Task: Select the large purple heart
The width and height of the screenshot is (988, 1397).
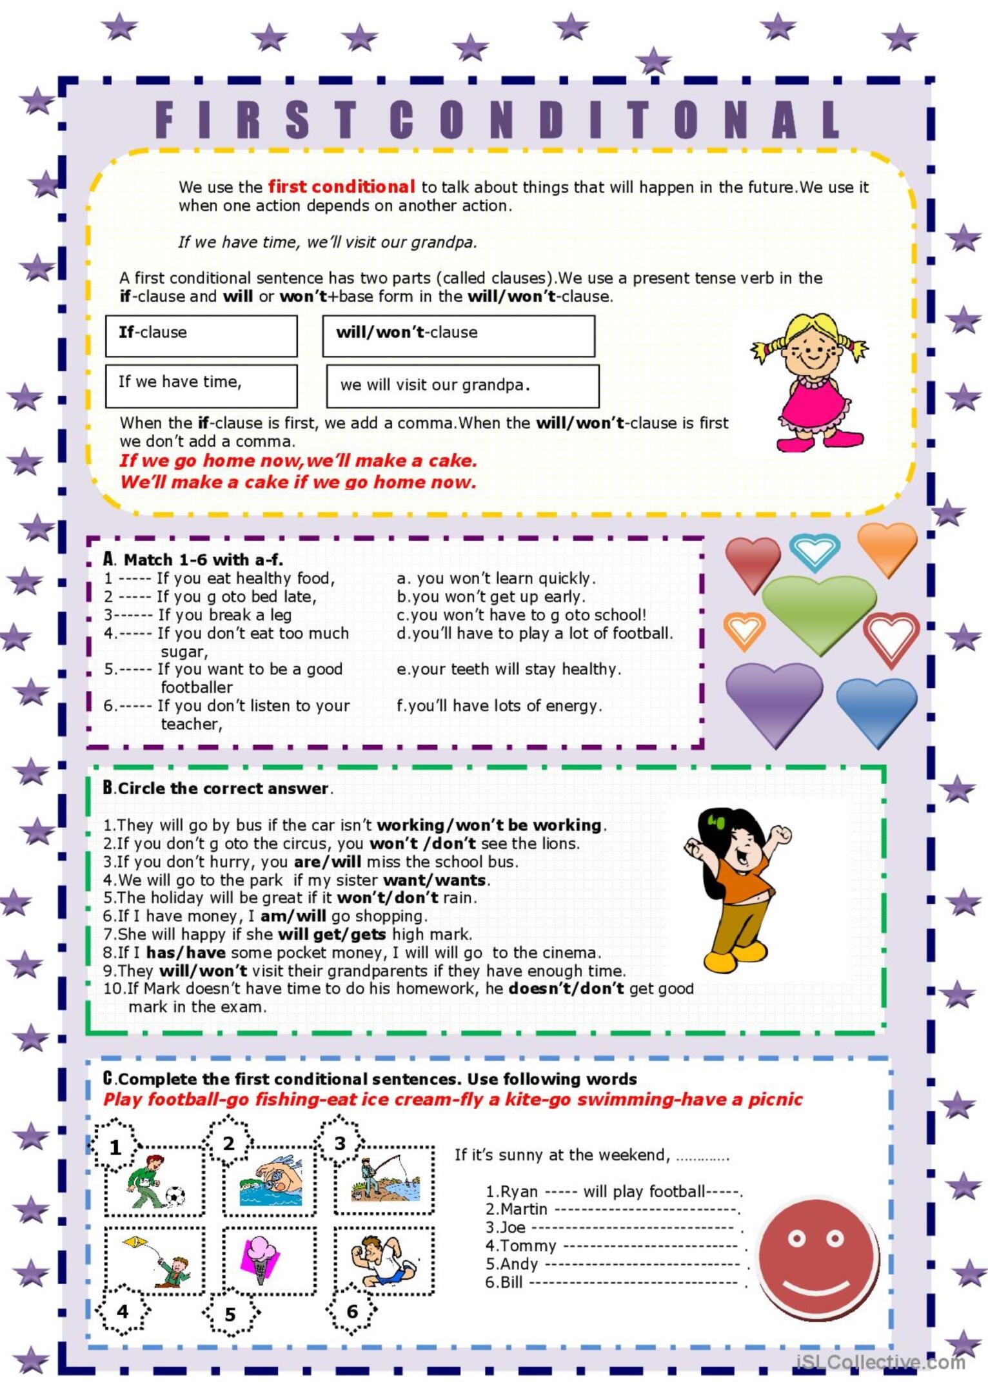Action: coord(774,699)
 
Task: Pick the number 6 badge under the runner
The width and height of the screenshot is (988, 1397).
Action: coord(351,1311)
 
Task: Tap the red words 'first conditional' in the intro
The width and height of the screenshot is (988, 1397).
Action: coord(341,187)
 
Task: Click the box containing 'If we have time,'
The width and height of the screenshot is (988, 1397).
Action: coord(201,386)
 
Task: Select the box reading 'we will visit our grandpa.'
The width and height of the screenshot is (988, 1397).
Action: coord(462,386)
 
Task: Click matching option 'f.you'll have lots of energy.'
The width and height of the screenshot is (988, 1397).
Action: coord(499,706)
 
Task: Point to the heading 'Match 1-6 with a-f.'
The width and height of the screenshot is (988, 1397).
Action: coord(203,560)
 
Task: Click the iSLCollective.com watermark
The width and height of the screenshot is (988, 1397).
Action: coord(881,1362)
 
